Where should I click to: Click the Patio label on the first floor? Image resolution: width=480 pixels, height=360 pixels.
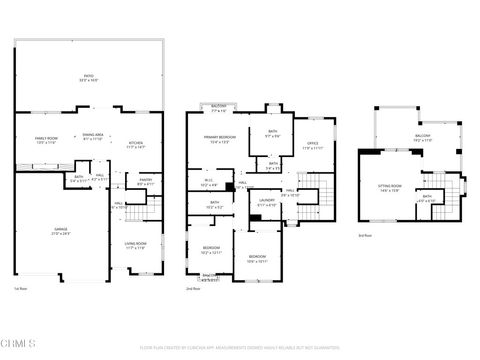88,77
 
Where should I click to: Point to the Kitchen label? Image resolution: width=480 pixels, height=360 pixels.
136,144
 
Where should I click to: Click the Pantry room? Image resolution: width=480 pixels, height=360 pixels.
144,182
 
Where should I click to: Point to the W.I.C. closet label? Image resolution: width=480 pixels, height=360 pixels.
208,184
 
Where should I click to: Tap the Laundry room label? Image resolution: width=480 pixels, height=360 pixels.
266,202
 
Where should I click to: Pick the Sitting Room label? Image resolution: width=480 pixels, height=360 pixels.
389,187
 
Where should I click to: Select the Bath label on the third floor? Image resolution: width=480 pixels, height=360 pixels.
427,198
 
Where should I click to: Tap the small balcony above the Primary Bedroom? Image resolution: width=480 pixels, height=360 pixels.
219,108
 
